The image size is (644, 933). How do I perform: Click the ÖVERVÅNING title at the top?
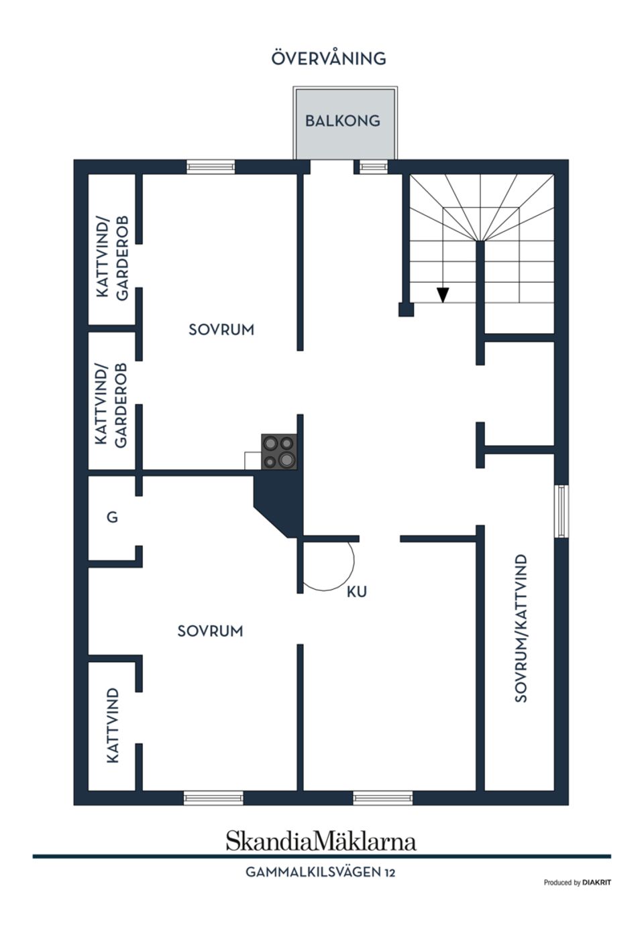329,59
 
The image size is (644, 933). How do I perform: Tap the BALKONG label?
343,121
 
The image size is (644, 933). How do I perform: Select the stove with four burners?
279,452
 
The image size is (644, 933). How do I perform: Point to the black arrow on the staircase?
443,294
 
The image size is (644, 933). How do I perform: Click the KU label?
357,592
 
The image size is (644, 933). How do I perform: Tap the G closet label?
112,517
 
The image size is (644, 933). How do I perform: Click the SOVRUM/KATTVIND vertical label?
521,627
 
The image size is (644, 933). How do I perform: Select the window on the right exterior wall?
561,511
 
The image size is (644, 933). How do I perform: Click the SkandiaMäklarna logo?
321,841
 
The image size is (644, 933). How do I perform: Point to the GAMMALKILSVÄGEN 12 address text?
320,873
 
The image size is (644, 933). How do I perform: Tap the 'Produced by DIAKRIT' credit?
577,883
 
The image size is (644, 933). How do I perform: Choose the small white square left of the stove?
253,460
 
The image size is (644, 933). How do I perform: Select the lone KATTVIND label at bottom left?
113,725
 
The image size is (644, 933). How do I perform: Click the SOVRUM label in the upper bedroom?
221,330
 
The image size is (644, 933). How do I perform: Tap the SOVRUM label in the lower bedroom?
210,631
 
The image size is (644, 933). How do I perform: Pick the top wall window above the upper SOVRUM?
211,167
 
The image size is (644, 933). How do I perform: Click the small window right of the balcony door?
374,167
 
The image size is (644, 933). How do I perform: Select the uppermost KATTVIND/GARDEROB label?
112,257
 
